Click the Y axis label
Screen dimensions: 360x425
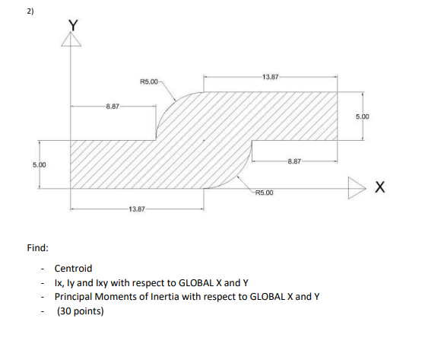coord(73,24)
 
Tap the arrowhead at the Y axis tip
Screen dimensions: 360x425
coord(71,40)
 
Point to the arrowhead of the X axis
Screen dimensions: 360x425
coord(359,187)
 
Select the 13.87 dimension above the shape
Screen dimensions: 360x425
coord(271,77)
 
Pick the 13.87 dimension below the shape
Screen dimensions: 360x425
coord(138,209)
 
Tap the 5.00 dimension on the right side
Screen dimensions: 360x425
coord(362,116)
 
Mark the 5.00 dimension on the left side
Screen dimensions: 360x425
coord(39,164)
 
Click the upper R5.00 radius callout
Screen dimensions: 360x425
coord(150,81)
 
